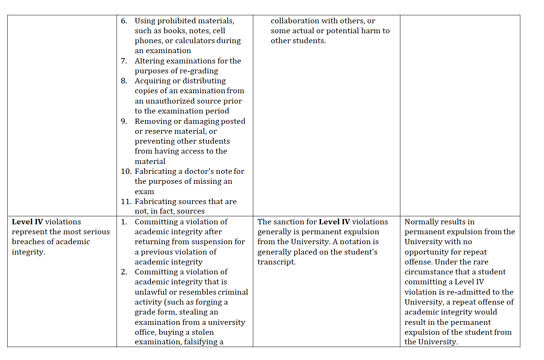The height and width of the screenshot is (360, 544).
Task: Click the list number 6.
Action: (124, 21)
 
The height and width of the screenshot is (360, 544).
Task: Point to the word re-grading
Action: (199, 71)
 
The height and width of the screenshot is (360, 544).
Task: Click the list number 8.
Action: (124, 81)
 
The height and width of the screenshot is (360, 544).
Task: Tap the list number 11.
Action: (126, 202)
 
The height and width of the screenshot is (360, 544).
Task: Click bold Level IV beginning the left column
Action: (28, 222)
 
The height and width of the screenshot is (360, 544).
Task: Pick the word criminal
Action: (233, 292)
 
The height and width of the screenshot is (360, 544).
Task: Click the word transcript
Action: (276, 262)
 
